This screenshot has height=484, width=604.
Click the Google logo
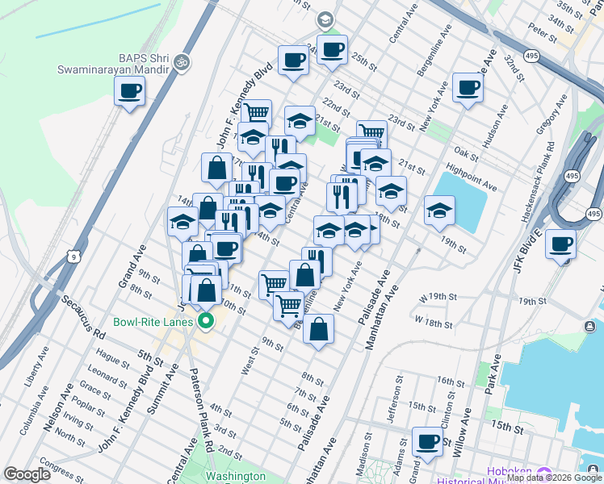(27, 474)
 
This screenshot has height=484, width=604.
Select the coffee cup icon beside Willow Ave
(427, 441)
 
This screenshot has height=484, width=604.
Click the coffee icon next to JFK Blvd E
(560, 244)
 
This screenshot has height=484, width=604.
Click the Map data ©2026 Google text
(554, 478)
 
